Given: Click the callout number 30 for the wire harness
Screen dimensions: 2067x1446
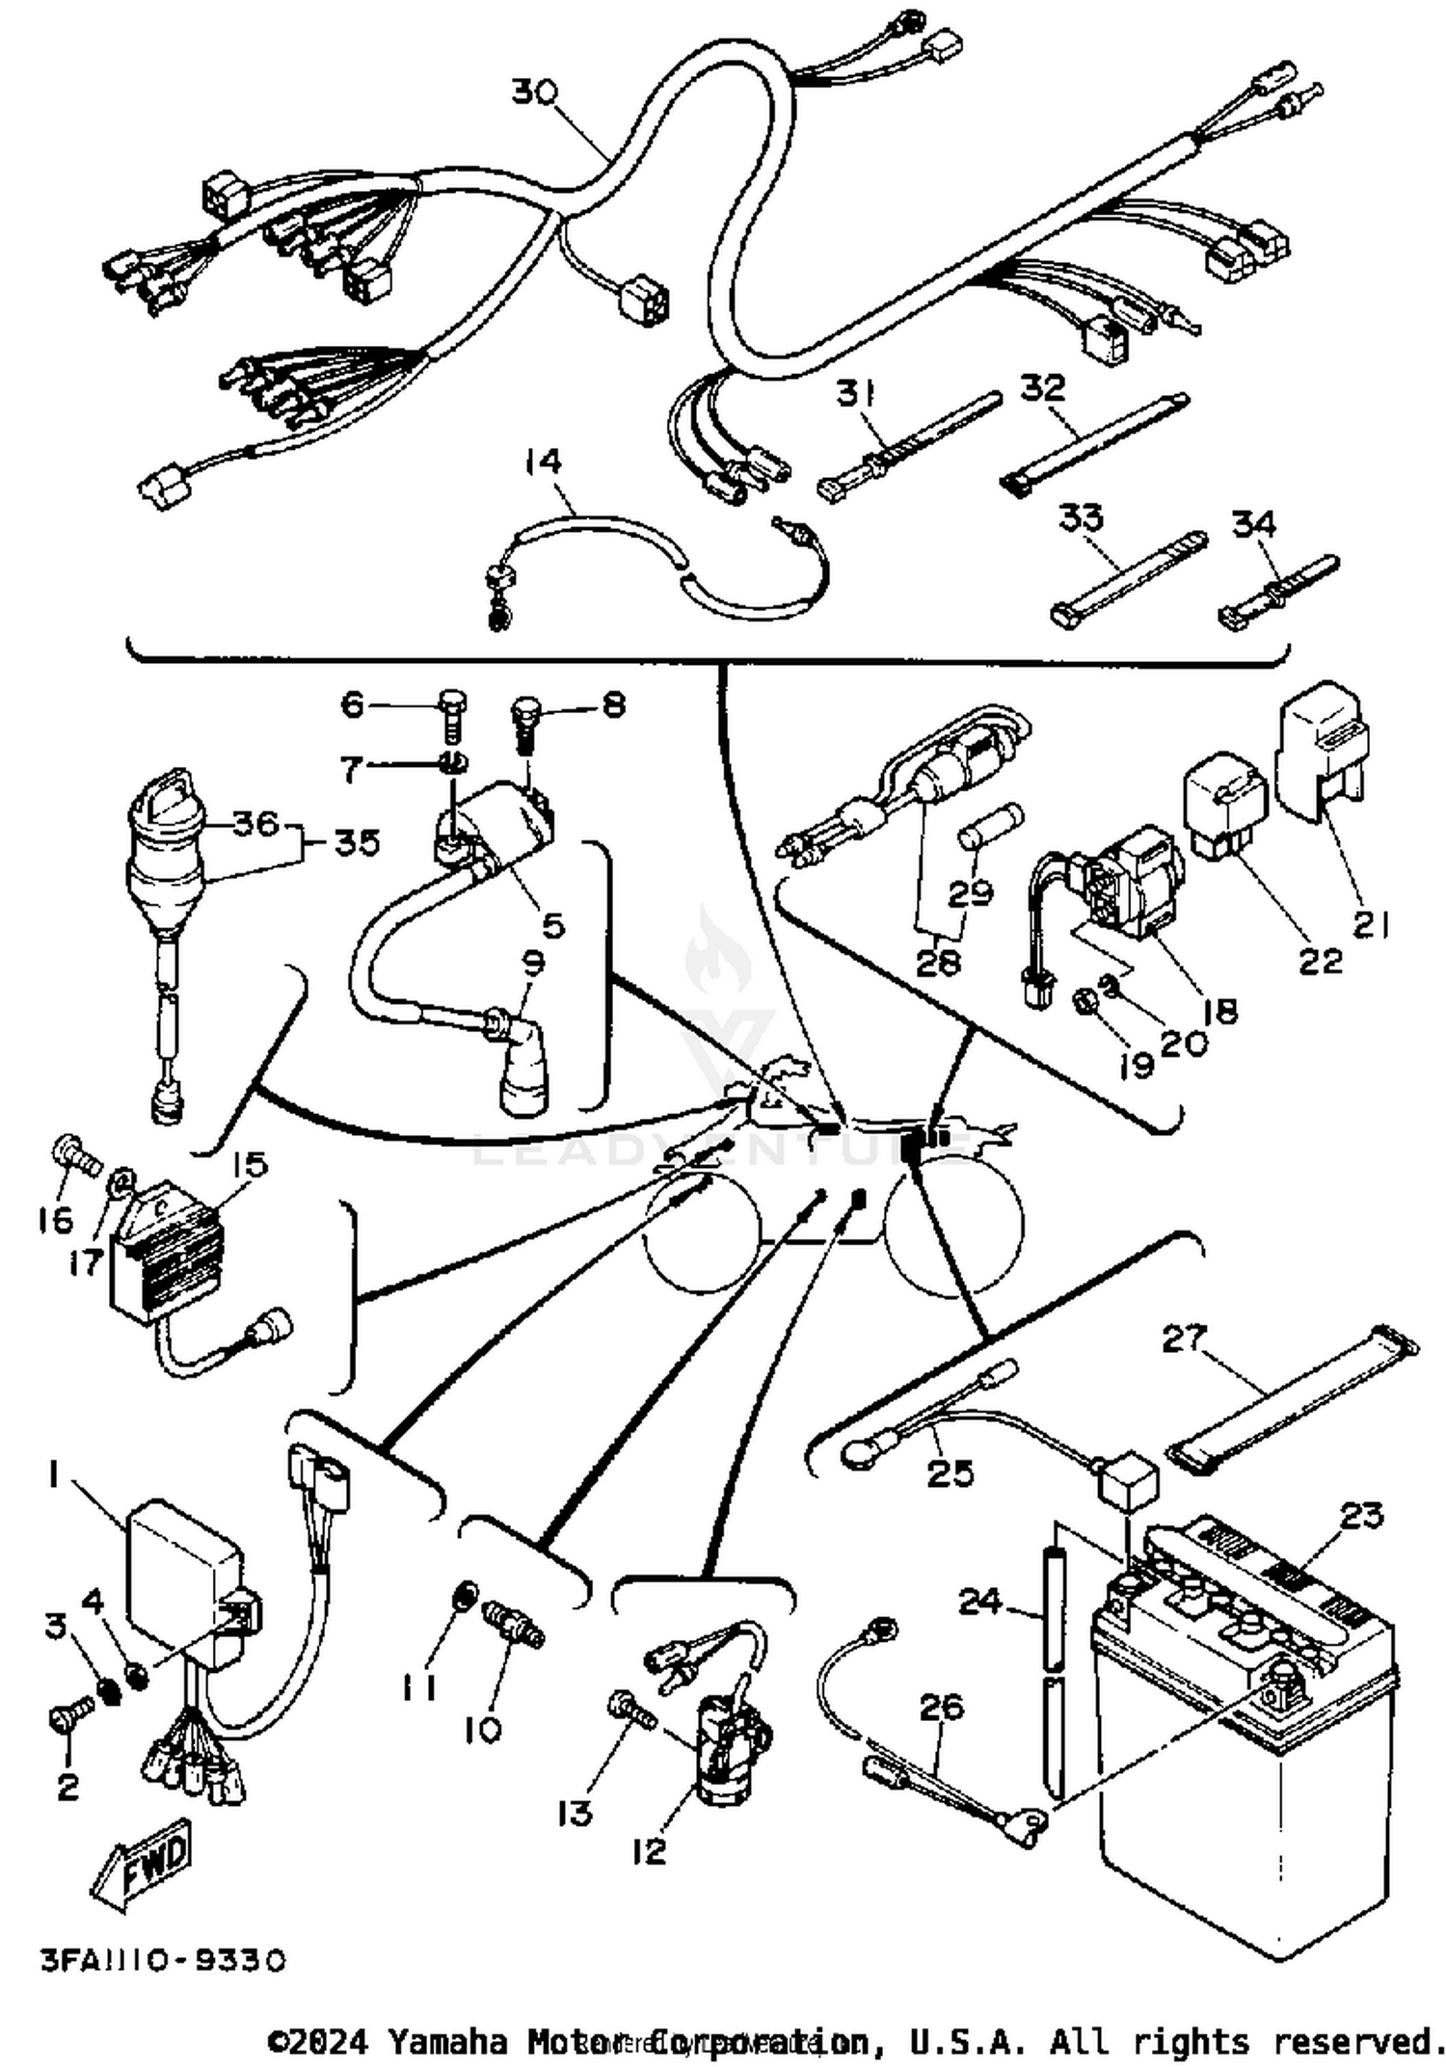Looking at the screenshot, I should point(533,93).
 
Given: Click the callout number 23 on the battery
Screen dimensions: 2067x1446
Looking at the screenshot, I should point(1361,1516).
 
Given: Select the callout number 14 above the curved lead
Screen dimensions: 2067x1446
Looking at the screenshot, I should point(543,462).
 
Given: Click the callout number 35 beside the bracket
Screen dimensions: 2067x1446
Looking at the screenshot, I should point(357,843).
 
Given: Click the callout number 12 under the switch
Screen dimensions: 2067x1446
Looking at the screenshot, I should point(650,1851).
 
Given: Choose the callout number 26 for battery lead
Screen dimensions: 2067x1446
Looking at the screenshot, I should point(941,1707).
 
